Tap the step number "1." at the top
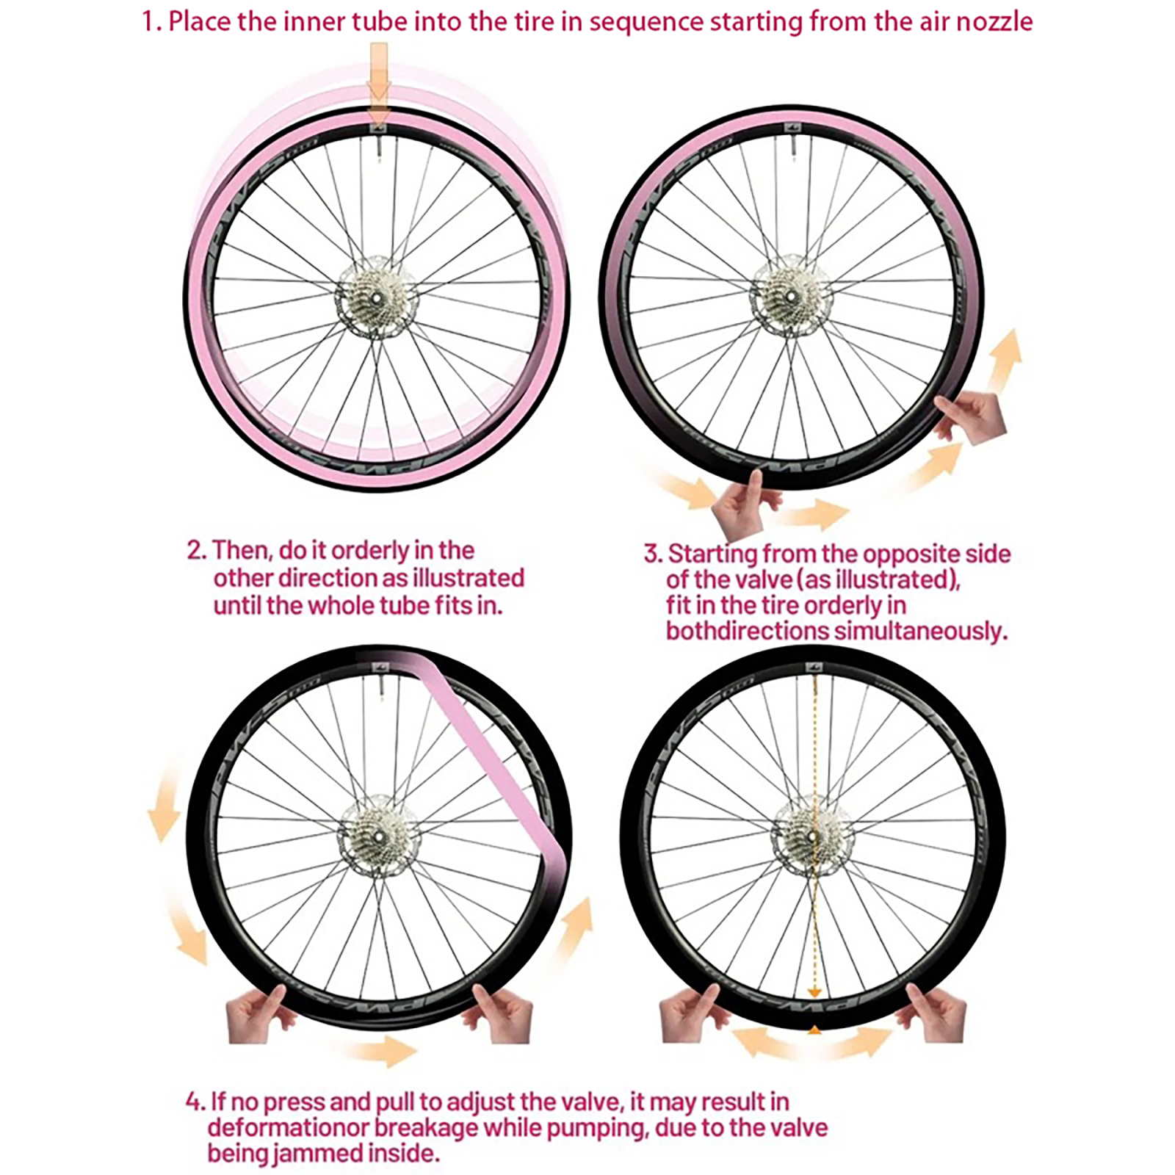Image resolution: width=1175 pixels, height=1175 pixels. point(152,22)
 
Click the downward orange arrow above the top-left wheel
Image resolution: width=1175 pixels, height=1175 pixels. point(378,84)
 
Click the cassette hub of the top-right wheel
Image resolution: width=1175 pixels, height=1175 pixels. point(790,297)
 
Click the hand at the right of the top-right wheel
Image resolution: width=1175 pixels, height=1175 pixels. point(972,416)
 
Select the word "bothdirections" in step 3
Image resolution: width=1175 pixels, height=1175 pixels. point(748,630)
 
